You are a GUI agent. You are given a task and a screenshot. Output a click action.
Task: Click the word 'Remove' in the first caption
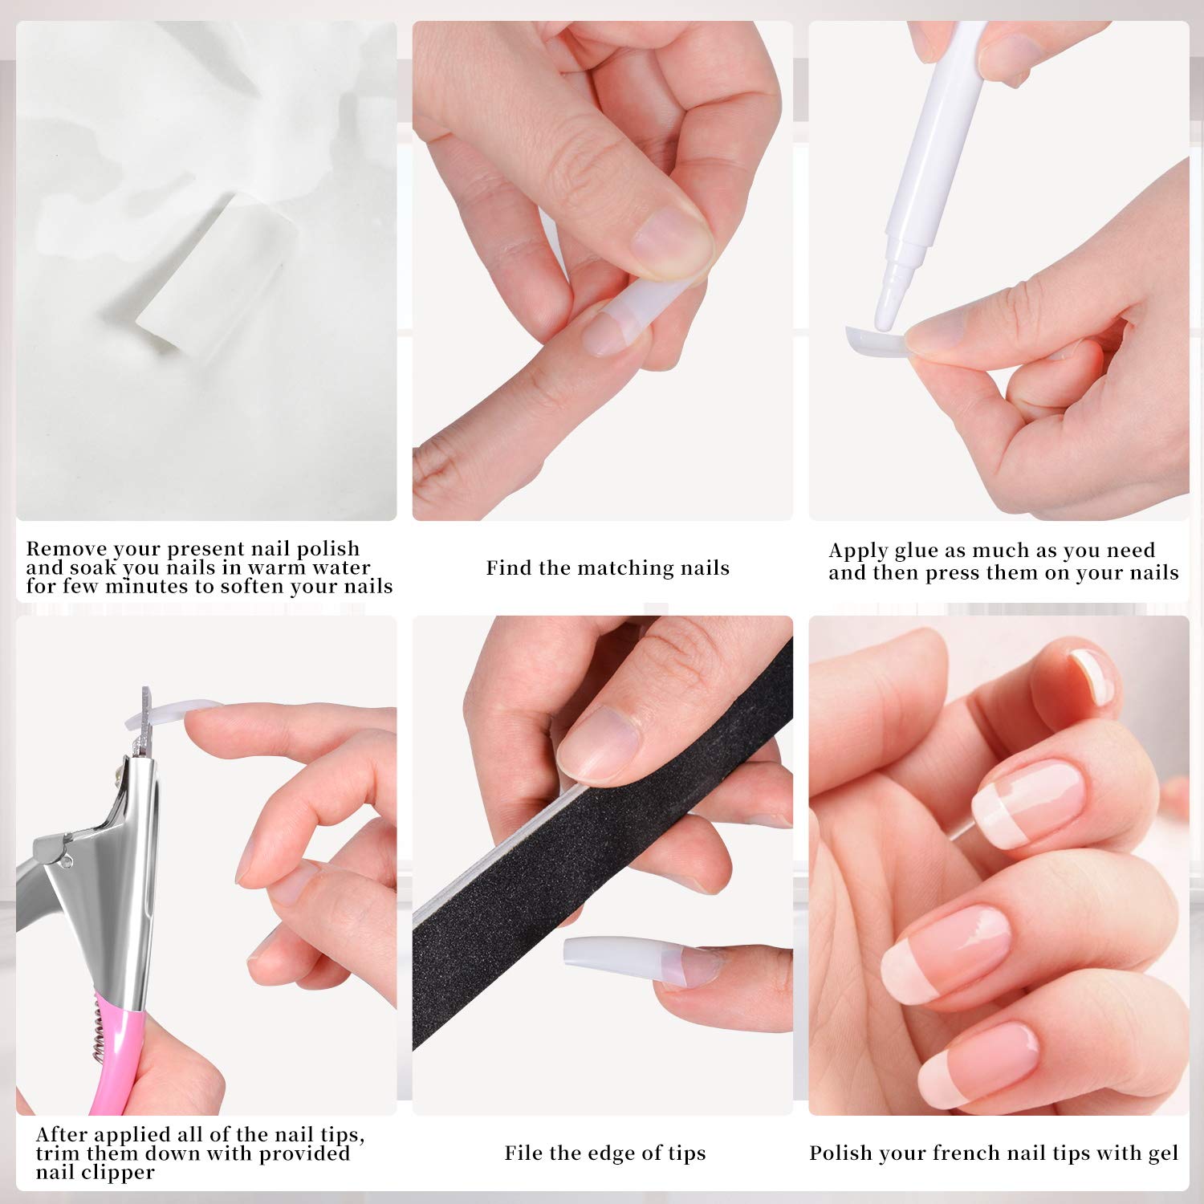pos(66,549)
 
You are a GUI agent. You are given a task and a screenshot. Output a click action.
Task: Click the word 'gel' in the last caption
pos(1162,1154)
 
